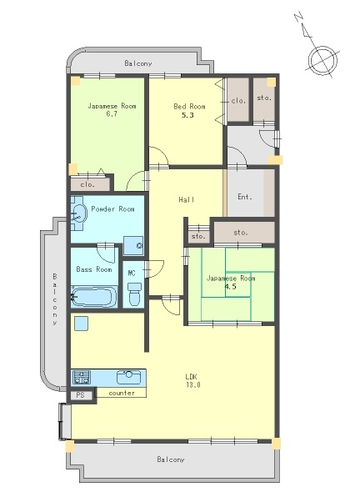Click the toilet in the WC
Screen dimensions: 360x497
coord(133,294)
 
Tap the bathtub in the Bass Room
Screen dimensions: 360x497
coord(92,297)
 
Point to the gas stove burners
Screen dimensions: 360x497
coord(82,377)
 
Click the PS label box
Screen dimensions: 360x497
coord(81,395)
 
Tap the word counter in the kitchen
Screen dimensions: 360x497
coord(122,393)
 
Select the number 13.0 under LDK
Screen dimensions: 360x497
coord(193,385)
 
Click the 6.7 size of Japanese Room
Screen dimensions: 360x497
coord(112,113)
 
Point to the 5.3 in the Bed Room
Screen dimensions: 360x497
coord(187,115)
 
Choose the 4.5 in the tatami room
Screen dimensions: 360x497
coord(230,287)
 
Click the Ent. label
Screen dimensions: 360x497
coord(245,197)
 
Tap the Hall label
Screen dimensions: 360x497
coord(187,199)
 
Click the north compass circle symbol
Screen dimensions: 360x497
coord(322,60)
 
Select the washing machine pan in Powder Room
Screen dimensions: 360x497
coord(133,245)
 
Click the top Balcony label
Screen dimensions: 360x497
coord(138,63)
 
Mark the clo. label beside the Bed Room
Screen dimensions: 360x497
coord(238,101)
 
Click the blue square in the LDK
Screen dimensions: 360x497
coord(81,324)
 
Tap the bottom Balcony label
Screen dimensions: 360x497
coord(171,459)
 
